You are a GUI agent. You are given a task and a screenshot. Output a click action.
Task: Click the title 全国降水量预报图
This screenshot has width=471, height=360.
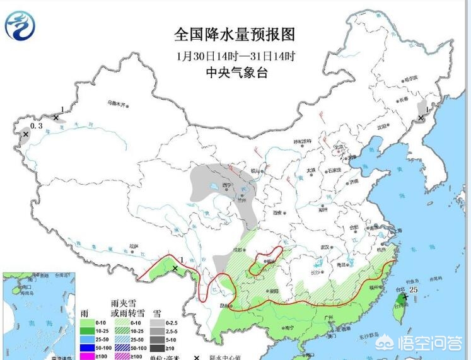[x=235, y=34]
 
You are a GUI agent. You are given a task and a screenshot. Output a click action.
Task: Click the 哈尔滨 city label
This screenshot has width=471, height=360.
[x=410, y=78]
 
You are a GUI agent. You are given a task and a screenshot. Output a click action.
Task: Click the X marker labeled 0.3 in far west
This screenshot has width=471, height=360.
[x=26, y=134]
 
